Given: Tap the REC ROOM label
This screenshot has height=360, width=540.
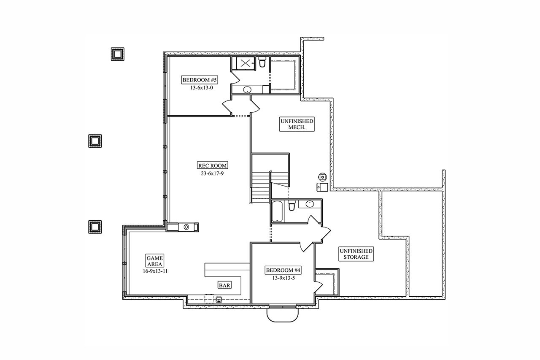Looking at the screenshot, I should [x=210, y=165].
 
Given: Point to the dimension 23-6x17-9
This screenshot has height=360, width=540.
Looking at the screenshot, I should [x=210, y=173].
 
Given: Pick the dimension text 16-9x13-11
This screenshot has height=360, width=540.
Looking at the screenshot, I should [x=155, y=271].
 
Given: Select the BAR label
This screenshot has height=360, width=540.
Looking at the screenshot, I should [x=224, y=285].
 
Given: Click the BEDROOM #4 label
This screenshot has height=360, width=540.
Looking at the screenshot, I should [x=283, y=270].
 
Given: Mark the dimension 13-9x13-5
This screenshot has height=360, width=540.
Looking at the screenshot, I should [x=283, y=278].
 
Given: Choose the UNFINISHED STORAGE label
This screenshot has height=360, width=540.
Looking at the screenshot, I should [x=356, y=254].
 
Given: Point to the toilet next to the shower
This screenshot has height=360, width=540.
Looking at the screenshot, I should [x=262, y=63].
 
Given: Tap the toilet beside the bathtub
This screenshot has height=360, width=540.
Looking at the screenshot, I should [x=291, y=206].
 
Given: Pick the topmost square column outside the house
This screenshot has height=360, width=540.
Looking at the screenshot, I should [x=117, y=54].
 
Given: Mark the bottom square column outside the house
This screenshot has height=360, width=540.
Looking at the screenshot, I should [x=95, y=227].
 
